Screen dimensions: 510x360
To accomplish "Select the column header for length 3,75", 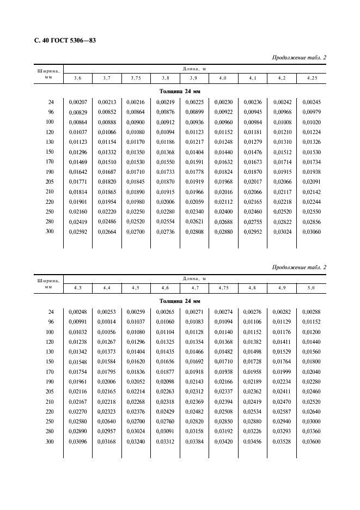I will point(136,78).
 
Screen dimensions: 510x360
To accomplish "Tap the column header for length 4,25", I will point(312,78).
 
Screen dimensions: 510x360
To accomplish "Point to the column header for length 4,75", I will point(223,287).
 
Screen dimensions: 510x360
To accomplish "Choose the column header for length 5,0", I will point(312,287).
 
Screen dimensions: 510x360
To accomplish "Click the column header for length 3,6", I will point(77,78).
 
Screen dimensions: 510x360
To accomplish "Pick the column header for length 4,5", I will point(136,287).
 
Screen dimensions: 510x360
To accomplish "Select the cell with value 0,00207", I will point(77,102).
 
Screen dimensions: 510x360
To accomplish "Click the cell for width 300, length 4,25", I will point(312,232).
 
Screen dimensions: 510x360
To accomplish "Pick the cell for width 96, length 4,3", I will point(77,321).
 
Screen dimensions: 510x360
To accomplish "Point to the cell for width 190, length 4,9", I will point(282,381).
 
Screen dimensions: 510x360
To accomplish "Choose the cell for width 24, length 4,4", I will point(106,311).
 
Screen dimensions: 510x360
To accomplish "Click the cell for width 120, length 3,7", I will point(106,132).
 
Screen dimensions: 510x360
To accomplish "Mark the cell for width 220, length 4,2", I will point(282,202).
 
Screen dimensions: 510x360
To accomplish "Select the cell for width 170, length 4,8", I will point(253,371).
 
